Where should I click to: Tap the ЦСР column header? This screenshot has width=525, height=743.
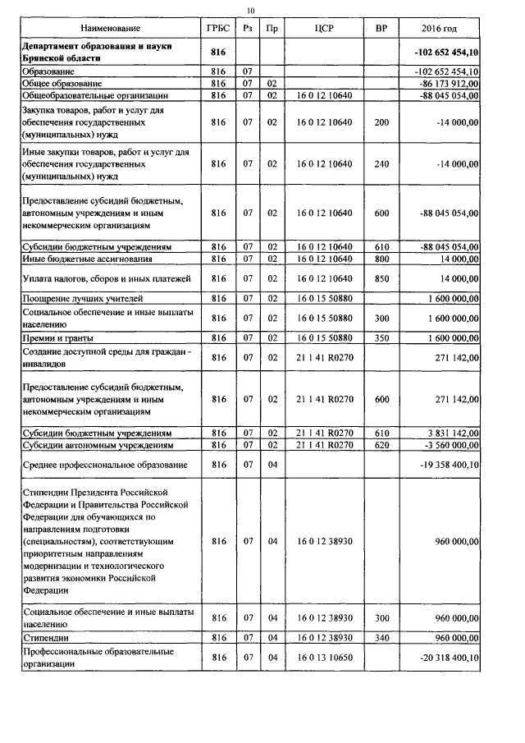point(324,30)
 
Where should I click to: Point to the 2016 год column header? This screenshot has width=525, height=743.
point(441,30)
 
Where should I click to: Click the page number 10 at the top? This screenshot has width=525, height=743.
point(253,10)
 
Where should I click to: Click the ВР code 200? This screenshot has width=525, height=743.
point(381,122)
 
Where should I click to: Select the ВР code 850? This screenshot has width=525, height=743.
point(381,279)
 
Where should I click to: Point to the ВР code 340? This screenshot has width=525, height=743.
point(381,637)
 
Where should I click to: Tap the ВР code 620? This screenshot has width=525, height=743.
point(381,445)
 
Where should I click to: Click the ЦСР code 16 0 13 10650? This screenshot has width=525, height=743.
point(324,658)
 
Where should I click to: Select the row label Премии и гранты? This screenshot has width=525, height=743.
point(57,338)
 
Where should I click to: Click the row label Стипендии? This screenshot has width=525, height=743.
point(45,637)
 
